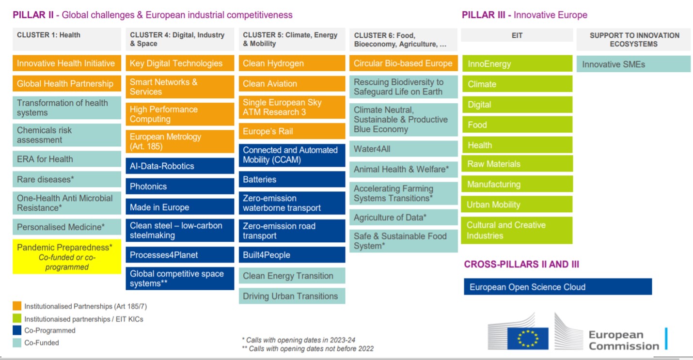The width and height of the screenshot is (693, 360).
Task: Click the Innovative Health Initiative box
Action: click(x=67, y=63)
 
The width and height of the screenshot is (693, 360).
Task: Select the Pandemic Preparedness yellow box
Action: click(x=67, y=257)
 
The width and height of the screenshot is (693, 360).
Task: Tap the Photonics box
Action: click(x=180, y=187)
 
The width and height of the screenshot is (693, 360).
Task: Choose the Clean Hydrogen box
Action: click(x=292, y=63)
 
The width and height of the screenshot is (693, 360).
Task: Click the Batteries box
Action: click(x=292, y=179)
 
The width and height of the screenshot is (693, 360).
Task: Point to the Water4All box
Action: click(x=403, y=149)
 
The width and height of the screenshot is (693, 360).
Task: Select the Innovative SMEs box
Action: click(x=633, y=64)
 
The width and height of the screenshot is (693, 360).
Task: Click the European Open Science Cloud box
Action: click(x=557, y=287)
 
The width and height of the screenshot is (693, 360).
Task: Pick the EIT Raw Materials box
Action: click(x=517, y=164)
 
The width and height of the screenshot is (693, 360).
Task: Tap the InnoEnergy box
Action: click(x=517, y=64)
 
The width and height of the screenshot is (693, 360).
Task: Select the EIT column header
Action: click(x=517, y=35)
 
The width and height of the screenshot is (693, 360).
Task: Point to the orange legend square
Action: click(x=17, y=306)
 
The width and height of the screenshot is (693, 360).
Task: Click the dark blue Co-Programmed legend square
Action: click(x=17, y=330)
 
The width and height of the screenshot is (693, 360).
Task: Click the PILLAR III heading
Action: click(x=524, y=15)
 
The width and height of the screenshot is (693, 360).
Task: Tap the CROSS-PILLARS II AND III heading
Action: click(x=521, y=265)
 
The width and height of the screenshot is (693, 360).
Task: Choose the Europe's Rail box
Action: click(x=292, y=131)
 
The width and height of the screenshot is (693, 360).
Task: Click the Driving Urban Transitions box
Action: click(x=292, y=296)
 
